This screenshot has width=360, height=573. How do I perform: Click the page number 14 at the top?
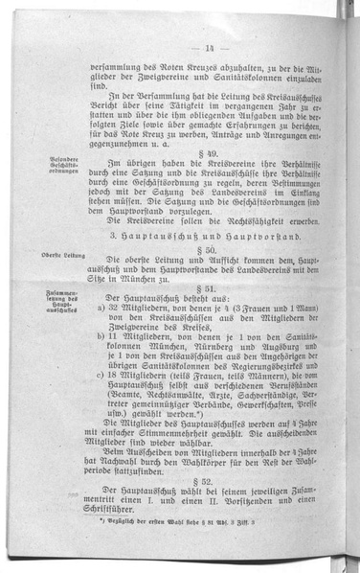[209, 48]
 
